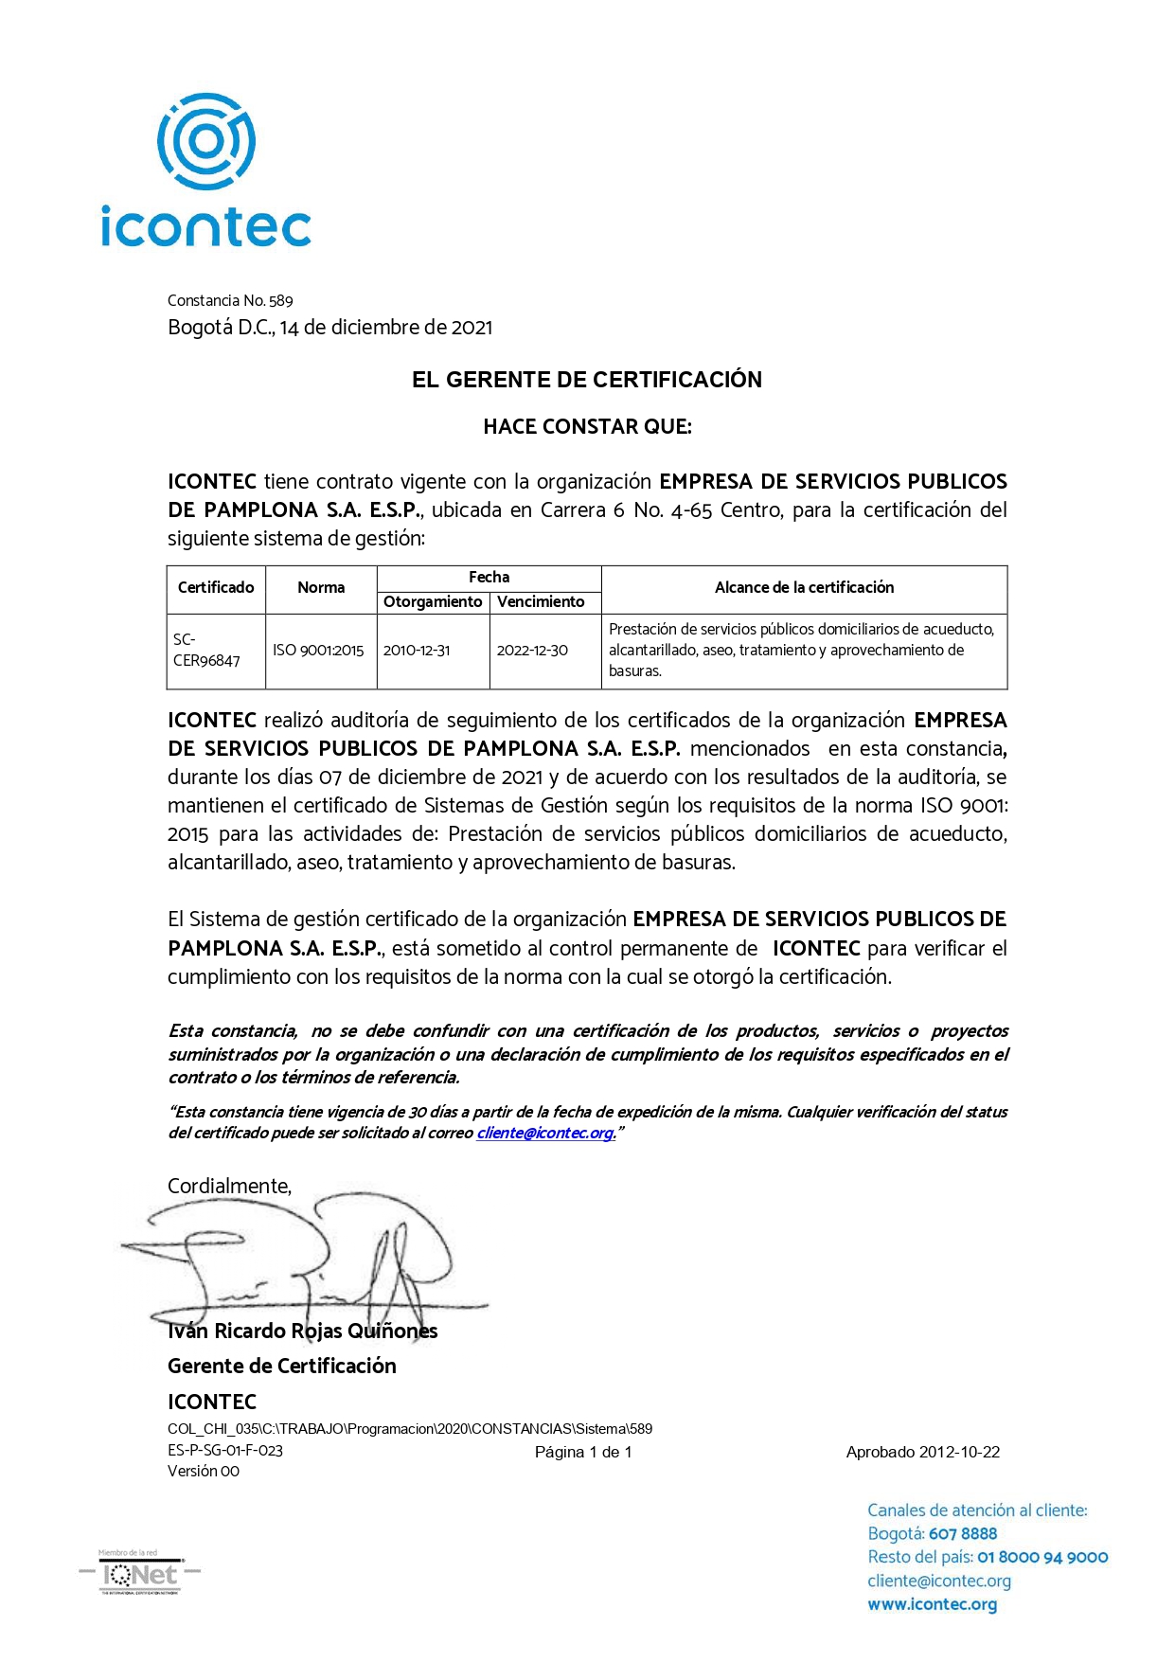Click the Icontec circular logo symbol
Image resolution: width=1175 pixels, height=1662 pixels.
(x=206, y=141)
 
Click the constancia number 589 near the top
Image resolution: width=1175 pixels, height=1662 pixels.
(x=281, y=301)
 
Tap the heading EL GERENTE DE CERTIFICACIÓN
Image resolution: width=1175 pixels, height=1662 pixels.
(x=586, y=380)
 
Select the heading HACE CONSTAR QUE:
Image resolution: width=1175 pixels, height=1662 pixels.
(x=587, y=427)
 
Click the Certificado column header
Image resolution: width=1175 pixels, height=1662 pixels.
(x=216, y=587)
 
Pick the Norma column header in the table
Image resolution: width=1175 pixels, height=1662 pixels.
(x=321, y=587)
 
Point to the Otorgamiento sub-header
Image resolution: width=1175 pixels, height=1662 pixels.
(x=433, y=601)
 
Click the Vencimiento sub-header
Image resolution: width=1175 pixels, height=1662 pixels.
(x=541, y=601)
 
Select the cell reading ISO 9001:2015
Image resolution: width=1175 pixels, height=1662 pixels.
(x=318, y=650)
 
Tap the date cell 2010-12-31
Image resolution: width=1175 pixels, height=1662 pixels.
(x=417, y=650)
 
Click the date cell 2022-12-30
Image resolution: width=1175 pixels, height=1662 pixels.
(x=532, y=650)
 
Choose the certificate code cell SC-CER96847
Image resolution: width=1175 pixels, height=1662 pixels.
(x=206, y=650)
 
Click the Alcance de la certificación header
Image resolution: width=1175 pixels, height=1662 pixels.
(x=804, y=587)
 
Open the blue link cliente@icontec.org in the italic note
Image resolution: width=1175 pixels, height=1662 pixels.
(x=545, y=1134)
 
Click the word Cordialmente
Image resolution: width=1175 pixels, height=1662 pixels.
(x=229, y=1187)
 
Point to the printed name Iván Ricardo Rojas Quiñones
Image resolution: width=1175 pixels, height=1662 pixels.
(x=302, y=1331)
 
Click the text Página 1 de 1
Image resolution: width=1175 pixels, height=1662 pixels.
(x=583, y=1453)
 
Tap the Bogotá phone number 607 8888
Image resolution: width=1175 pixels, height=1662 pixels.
(x=963, y=1534)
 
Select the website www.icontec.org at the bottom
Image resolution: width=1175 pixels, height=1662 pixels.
(x=932, y=1605)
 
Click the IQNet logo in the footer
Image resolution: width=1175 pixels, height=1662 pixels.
(x=140, y=1575)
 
